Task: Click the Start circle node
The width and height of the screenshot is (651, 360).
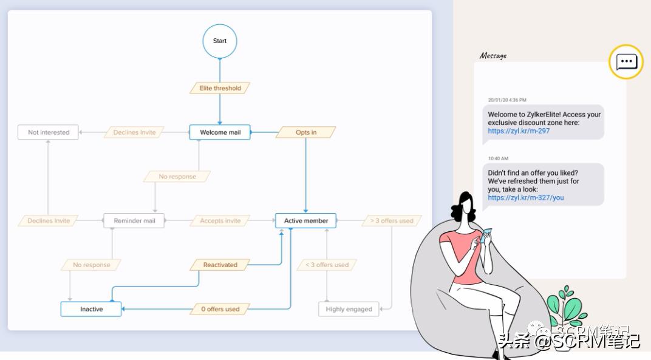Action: tap(220, 41)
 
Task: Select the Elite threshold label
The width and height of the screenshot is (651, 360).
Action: tap(220, 88)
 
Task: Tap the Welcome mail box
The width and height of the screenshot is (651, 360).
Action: tap(220, 132)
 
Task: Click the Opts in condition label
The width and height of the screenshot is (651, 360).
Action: tap(306, 132)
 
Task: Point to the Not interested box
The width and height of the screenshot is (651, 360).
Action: tap(49, 132)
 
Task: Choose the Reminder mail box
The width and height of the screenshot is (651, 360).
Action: tap(134, 221)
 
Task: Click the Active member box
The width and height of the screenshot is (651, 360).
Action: tap(306, 221)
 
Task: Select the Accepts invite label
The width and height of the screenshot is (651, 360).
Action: tap(220, 221)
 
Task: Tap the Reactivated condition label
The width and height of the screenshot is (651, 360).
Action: tap(220, 265)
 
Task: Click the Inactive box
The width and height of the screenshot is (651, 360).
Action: tap(91, 309)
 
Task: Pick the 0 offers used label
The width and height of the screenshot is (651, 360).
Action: tap(220, 309)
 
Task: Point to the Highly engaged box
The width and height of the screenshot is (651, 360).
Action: tap(349, 309)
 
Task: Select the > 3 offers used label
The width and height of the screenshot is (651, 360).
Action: tap(391, 221)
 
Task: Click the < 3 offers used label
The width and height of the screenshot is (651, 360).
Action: tap(327, 265)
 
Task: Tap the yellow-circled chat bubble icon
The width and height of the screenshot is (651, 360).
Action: tap(626, 62)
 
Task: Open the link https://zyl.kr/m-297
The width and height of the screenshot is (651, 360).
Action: tap(519, 131)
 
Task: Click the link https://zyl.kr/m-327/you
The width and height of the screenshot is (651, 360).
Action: tap(525, 197)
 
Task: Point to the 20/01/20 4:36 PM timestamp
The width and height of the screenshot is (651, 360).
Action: tap(507, 100)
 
